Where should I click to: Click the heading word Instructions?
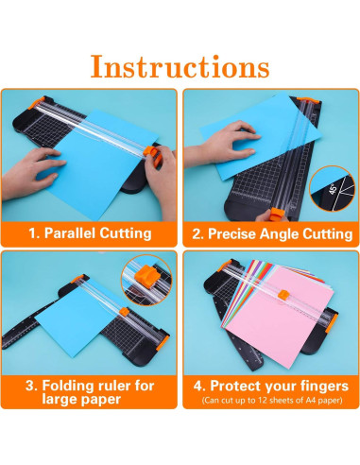[180, 66]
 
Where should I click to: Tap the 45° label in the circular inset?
[333, 189]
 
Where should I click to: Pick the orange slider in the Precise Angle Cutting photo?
[278, 214]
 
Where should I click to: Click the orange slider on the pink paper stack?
[284, 294]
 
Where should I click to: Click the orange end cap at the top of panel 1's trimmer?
[37, 103]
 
